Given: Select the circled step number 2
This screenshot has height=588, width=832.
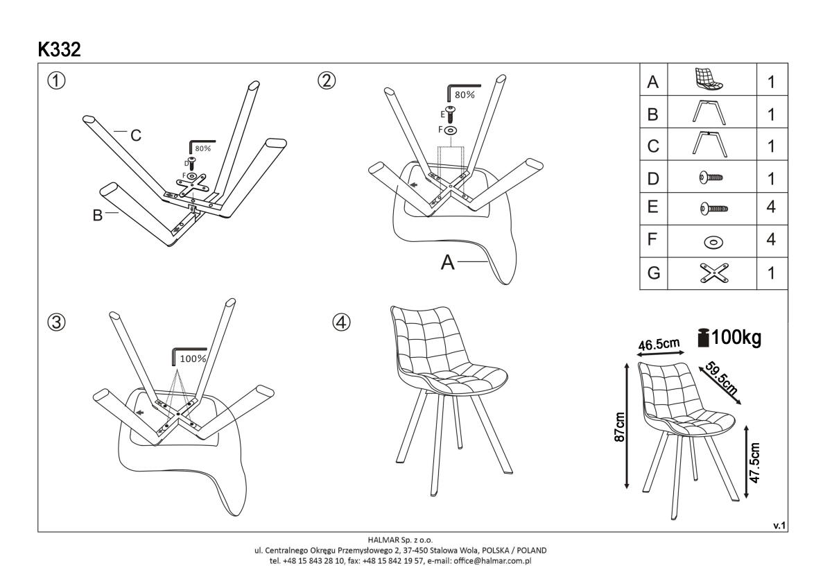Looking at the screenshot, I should (327, 80).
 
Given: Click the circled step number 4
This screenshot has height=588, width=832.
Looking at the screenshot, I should (341, 322).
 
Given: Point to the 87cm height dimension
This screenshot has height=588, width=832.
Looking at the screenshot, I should (621, 427).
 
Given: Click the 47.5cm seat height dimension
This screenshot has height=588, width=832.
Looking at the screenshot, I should (755, 463).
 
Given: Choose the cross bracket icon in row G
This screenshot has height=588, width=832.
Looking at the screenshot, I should (709, 272).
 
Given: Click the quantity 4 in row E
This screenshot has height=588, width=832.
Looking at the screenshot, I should (771, 207).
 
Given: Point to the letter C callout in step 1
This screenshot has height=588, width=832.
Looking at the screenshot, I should (137, 136).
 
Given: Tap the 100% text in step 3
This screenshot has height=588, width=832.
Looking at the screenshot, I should (193, 358).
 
